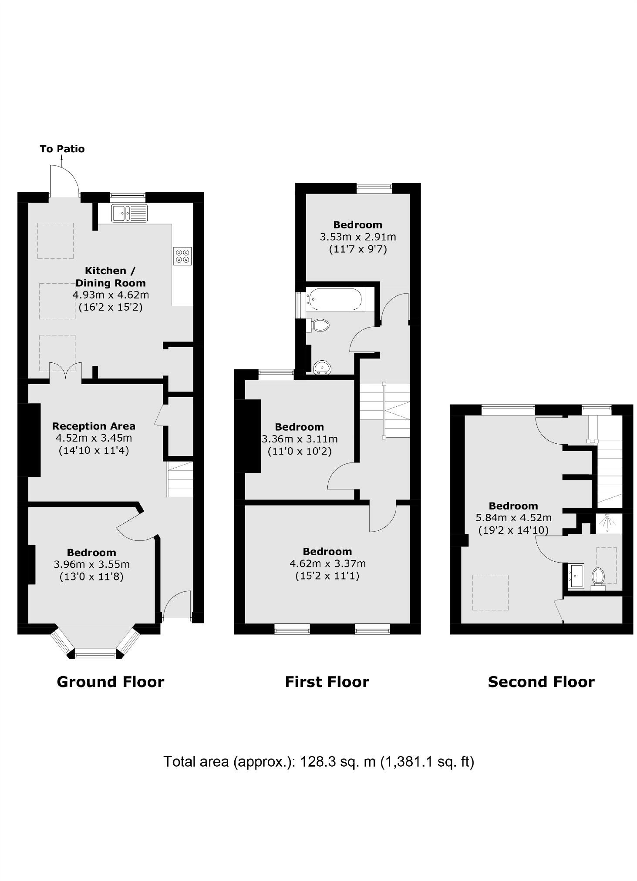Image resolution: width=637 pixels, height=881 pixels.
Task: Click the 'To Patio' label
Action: [62, 149]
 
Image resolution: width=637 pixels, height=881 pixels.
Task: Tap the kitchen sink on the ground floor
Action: [129, 213]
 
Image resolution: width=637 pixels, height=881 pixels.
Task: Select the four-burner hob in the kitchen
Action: [182, 256]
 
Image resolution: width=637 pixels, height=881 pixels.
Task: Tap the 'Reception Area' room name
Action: [94, 426]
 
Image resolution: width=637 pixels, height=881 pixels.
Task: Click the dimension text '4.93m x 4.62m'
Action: [111, 295]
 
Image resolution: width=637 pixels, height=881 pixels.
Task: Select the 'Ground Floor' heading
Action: [111, 681]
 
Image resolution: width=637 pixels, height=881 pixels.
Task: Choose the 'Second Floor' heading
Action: [541, 681]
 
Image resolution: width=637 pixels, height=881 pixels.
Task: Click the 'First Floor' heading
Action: [327, 681]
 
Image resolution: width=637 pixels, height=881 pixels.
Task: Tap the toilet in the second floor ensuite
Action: [598, 578]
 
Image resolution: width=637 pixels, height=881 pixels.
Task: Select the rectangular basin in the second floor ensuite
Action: [576, 576]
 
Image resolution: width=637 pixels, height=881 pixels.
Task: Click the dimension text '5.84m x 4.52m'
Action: [513, 518]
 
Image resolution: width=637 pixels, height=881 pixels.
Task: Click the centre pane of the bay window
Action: [95, 653]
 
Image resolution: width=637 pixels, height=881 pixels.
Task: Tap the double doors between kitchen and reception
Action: [65, 372]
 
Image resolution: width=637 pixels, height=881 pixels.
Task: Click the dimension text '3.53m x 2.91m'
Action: [357, 237]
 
